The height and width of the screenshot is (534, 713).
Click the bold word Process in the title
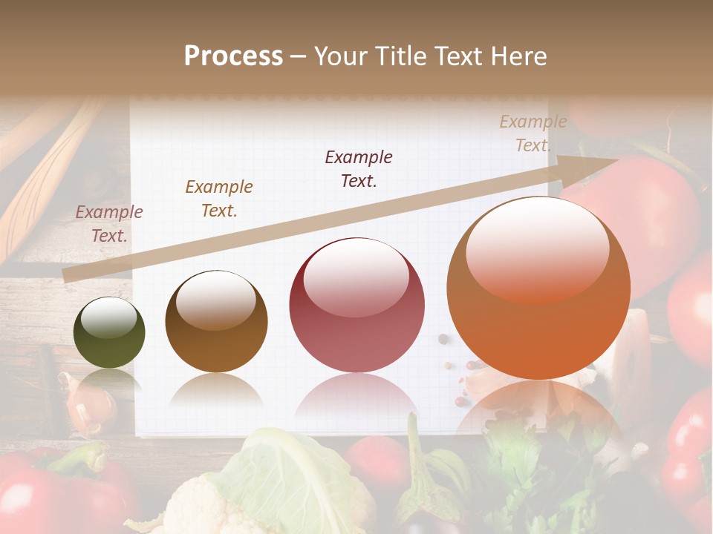click(x=233, y=56)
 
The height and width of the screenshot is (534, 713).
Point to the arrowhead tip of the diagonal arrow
click(x=618, y=160)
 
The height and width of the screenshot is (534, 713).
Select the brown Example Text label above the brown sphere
click(x=219, y=199)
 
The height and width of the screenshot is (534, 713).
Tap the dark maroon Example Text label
click(x=359, y=169)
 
